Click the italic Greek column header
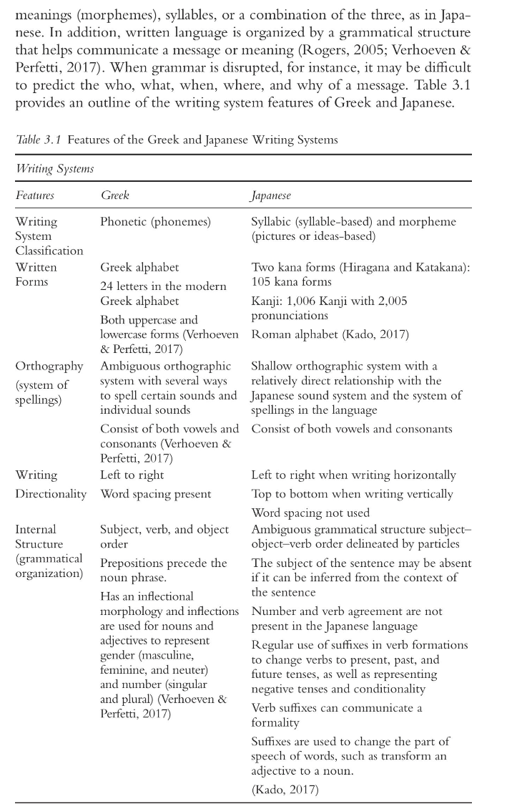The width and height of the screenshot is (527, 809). pyautogui.click(x=114, y=195)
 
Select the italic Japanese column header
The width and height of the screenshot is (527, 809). pyautogui.click(x=271, y=195)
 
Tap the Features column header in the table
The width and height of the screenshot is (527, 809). pyautogui.click(x=34, y=195)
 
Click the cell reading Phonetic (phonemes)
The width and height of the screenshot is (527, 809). pyautogui.click(x=155, y=222)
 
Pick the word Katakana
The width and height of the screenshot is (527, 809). pyautogui.click(x=443, y=268)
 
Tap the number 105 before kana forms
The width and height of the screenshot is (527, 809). pyautogui.click(x=262, y=282)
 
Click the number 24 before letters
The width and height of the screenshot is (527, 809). pyautogui.click(x=107, y=286)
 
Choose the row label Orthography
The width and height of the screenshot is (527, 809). pyautogui.click(x=49, y=367)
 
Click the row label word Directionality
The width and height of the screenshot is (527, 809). pyautogui.click(x=51, y=494)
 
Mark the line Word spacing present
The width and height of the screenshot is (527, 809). pyautogui.click(x=155, y=494)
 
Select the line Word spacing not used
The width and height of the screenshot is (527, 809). pyautogui.click(x=310, y=513)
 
